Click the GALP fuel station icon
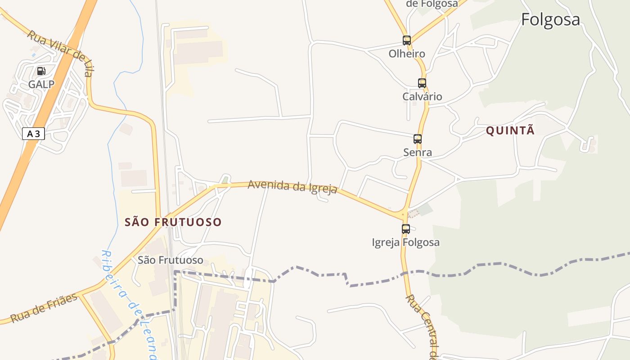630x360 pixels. (x=41, y=71)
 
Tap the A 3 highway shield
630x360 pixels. (x=33, y=134)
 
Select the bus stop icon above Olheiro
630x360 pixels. (x=407, y=40)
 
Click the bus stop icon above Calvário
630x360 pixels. (x=422, y=83)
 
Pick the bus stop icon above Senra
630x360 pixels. (x=418, y=139)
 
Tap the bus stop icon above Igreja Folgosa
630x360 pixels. (x=406, y=229)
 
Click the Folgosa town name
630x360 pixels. (x=550, y=20)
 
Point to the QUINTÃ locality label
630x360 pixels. (x=510, y=130)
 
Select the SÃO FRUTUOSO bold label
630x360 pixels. (x=173, y=222)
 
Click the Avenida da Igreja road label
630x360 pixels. (x=292, y=186)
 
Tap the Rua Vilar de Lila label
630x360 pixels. (x=60, y=53)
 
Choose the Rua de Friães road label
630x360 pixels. (x=44, y=308)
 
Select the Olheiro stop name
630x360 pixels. (x=407, y=54)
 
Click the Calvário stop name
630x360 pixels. (x=422, y=97)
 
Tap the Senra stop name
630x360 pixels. (x=418, y=153)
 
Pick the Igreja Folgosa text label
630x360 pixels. (x=405, y=243)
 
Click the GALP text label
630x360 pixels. (x=41, y=85)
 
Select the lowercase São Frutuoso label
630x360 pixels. (x=171, y=260)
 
